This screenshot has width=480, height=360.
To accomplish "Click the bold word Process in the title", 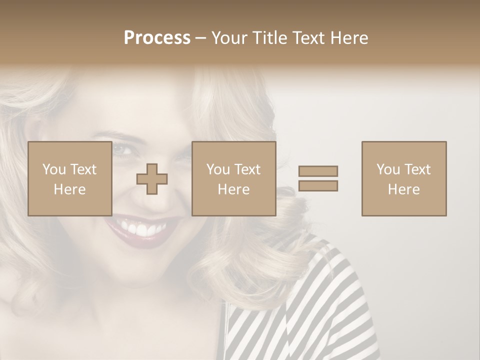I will point(157,38).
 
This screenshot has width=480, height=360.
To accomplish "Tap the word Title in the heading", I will point(270,38).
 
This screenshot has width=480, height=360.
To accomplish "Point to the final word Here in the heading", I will point(349,38).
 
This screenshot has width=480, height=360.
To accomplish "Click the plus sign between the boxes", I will point(152,179).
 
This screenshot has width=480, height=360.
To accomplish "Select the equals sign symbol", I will point(318,178).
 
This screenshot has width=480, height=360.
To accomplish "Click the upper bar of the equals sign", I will point(318,171).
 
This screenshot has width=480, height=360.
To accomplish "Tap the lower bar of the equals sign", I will point(318,185).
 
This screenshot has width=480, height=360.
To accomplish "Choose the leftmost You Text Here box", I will point(69,178).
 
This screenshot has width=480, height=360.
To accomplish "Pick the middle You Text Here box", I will point(233,178).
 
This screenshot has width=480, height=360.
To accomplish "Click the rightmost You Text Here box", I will point(403,178).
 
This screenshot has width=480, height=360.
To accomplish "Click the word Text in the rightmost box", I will point(417,169).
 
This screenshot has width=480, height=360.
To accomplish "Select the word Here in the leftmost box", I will point(69,189).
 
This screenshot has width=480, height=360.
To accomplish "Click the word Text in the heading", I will point(307,38).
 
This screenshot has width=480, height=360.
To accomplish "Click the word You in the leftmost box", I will point(53,169).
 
